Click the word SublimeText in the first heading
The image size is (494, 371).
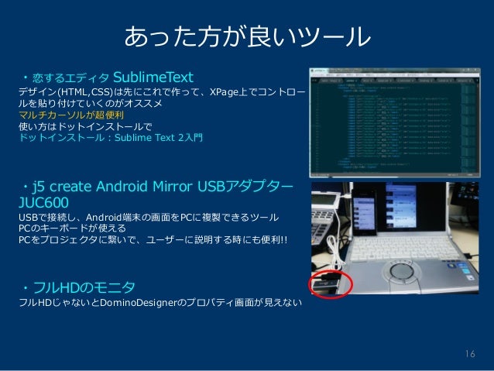point(153,77)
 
